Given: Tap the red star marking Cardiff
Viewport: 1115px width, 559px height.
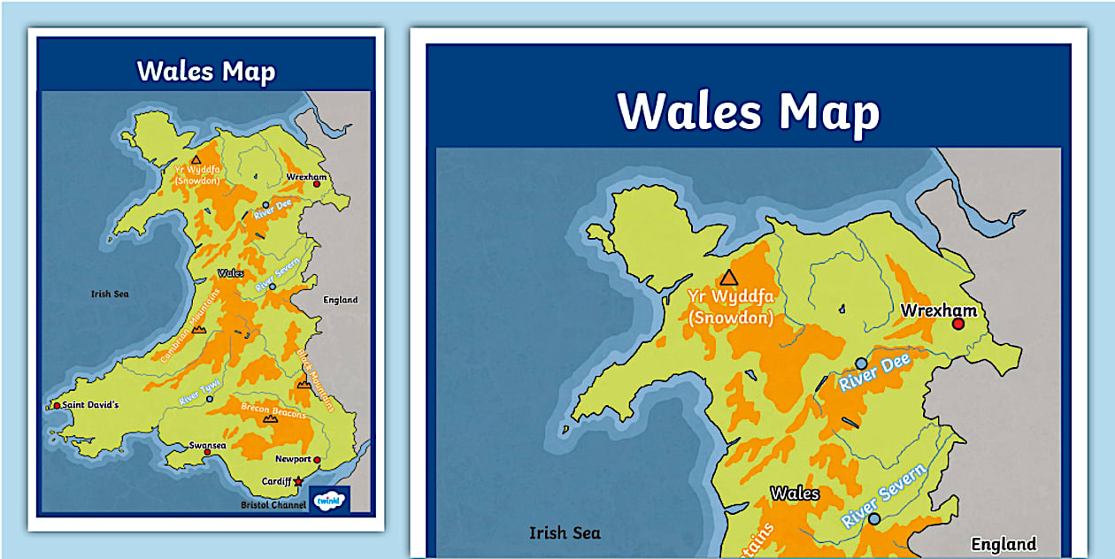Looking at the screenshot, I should coord(299,481).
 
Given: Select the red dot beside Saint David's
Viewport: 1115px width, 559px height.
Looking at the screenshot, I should coord(57,405).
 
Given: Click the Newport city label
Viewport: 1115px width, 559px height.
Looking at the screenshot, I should coord(292,459).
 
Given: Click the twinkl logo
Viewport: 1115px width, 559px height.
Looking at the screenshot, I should coord(329,500).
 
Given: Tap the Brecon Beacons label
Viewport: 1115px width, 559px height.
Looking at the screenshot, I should coord(274,411).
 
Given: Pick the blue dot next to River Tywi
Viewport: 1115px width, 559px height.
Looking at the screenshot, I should coord(210,399).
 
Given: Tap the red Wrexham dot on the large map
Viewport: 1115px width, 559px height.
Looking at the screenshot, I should coord(957,325).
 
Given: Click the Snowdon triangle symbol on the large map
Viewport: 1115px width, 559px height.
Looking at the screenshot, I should coord(728,278).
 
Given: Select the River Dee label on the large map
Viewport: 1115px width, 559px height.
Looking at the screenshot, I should coord(874,372).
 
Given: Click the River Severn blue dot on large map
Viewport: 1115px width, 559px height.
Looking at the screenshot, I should coord(874,519).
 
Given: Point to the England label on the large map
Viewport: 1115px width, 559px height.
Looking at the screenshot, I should coord(1003,544).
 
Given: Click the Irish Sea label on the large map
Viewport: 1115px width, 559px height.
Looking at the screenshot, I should coord(565,532).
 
